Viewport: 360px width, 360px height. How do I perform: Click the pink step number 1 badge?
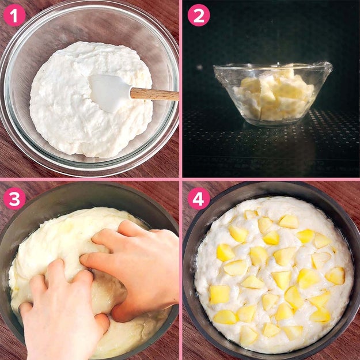coord(14,15)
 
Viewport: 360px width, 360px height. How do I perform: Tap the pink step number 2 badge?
coord(199,15)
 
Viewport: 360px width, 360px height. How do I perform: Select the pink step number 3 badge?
coord(14,199)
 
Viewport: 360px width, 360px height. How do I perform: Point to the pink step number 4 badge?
coord(199,199)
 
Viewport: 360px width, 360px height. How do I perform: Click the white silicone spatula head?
coord(108,92)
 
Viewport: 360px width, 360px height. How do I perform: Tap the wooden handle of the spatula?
coord(154,94)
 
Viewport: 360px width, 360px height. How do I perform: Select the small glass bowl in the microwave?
coord(273,94)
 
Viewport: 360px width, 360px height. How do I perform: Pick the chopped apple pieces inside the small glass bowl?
coord(273,96)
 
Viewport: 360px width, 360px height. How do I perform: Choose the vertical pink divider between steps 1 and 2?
coord(181,89)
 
